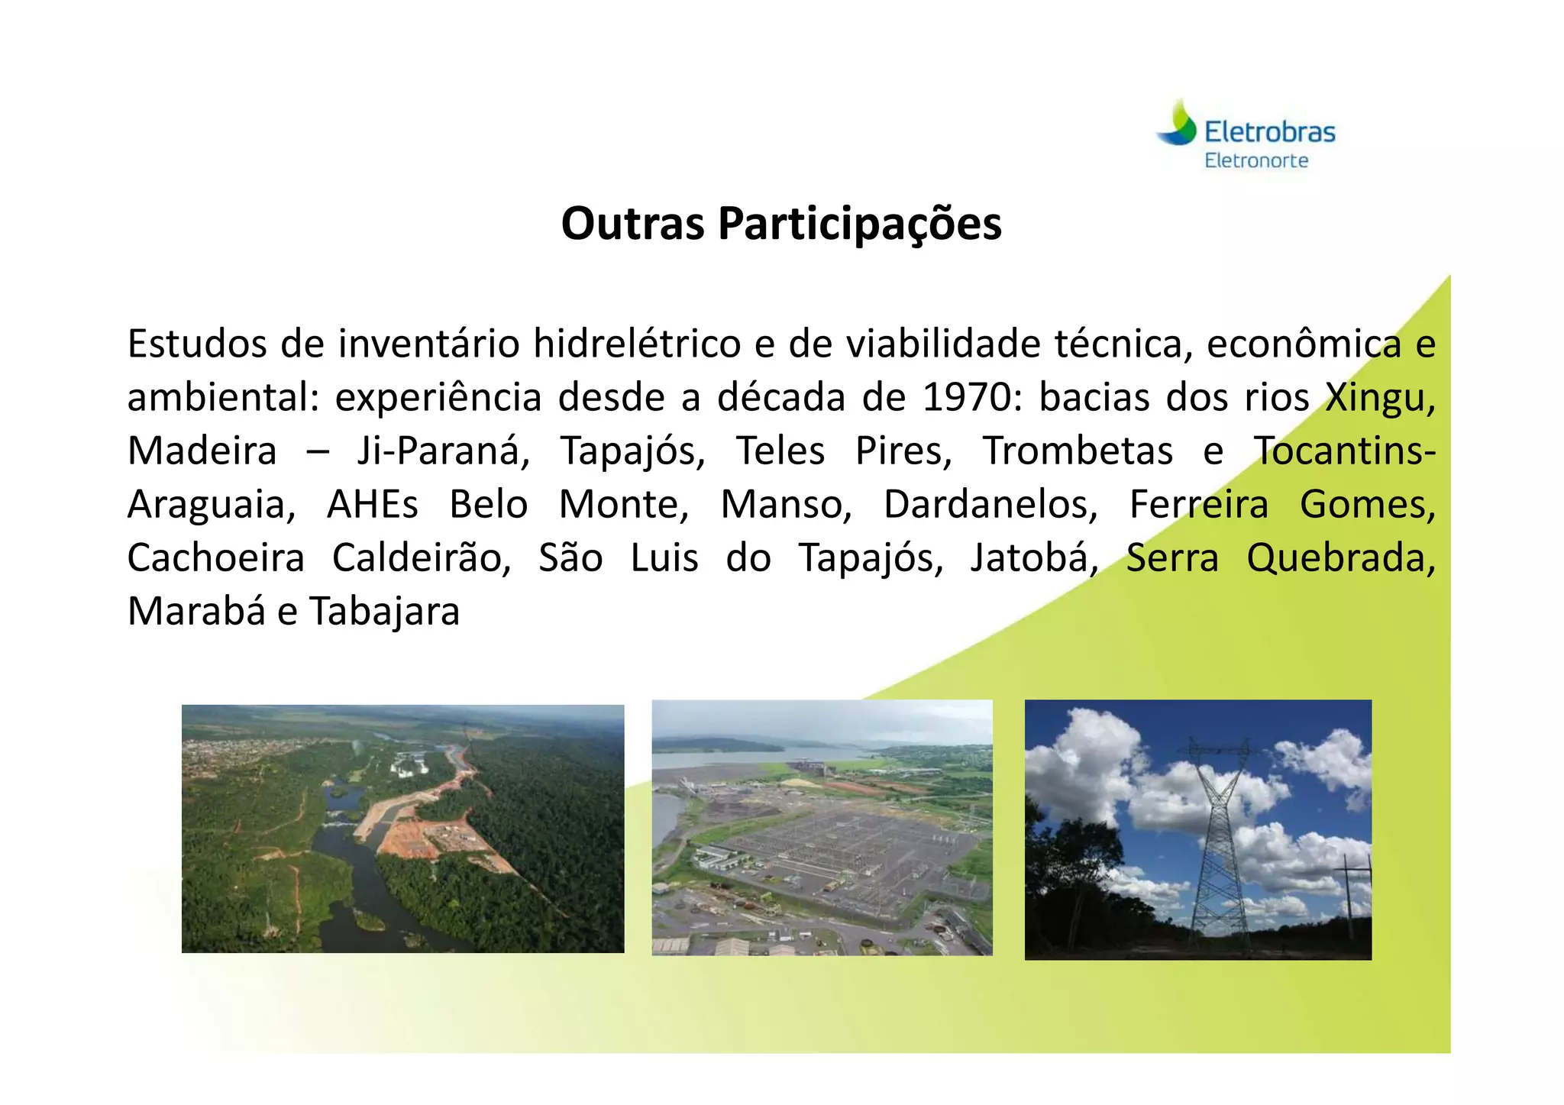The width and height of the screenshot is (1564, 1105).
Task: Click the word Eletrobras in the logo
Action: (1269, 132)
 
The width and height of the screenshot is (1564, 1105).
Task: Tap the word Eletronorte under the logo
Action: (1256, 161)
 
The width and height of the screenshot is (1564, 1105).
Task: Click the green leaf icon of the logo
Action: (1178, 124)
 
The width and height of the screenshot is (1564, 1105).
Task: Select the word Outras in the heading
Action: (632, 224)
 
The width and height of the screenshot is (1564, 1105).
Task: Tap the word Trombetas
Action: (1077, 451)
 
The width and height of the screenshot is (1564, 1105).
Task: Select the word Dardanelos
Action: (990, 505)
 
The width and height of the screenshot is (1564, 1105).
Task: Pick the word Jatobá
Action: (1033, 558)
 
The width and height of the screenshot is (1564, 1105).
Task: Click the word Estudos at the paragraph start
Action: (197, 344)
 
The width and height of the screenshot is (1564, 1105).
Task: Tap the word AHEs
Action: (372, 505)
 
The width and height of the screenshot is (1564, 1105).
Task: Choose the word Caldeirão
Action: (422, 558)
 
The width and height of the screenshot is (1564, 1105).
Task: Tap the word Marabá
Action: (195, 612)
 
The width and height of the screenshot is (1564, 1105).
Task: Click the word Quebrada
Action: (1340, 558)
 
